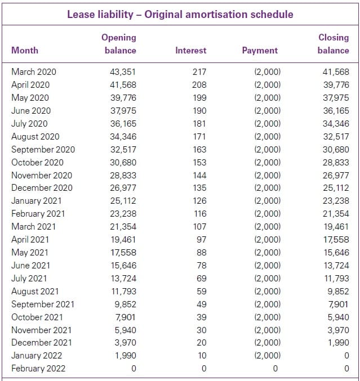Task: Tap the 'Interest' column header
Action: [190, 50]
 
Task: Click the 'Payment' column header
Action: [260, 50]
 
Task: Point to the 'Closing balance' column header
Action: [333, 43]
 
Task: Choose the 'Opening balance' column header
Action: [119, 43]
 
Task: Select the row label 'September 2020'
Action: [43, 150]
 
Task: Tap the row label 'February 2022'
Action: [38, 369]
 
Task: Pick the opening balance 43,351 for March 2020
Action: [123, 72]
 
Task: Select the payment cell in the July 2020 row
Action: [267, 124]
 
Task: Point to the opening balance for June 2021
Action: [123, 266]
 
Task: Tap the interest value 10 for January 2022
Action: [202, 356]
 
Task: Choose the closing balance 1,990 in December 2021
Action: [339, 343]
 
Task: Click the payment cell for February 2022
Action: [274, 369]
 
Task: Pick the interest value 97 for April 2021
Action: [201, 240]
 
